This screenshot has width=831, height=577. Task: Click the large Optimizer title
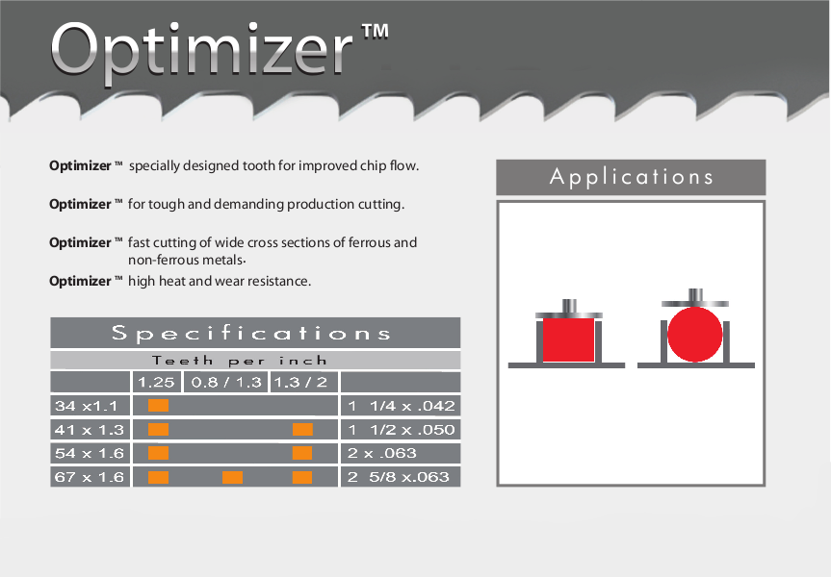click(x=201, y=52)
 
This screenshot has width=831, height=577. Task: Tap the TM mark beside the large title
click(x=376, y=31)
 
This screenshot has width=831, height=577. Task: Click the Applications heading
click(x=631, y=177)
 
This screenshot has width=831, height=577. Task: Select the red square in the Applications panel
click(x=568, y=339)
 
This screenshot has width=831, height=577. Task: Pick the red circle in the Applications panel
click(x=695, y=334)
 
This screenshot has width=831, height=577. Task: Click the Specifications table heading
click(x=251, y=333)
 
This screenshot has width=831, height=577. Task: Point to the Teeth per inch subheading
click(x=240, y=361)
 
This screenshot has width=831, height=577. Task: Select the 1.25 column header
click(x=156, y=382)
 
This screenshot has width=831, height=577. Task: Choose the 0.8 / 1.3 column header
click(x=226, y=382)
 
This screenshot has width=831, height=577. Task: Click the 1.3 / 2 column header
click(x=300, y=382)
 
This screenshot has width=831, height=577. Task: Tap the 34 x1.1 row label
click(x=86, y=406)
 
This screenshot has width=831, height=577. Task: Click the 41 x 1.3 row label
click(x=89, y=430)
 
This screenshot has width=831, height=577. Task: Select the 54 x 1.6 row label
click(x=89, y=453)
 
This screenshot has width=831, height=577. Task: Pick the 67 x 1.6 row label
click(x=89, y=477)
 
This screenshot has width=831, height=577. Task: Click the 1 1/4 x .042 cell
click(x=402, y=406)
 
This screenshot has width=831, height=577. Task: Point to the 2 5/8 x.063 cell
click(x=398, y=477)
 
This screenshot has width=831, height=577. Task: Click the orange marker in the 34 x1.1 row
click(x=159, y=406)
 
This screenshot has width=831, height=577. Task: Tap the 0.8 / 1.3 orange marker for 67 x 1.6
click(x=232, y=478)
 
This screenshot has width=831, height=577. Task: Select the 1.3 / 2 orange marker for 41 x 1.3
click(x=302, y=429)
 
